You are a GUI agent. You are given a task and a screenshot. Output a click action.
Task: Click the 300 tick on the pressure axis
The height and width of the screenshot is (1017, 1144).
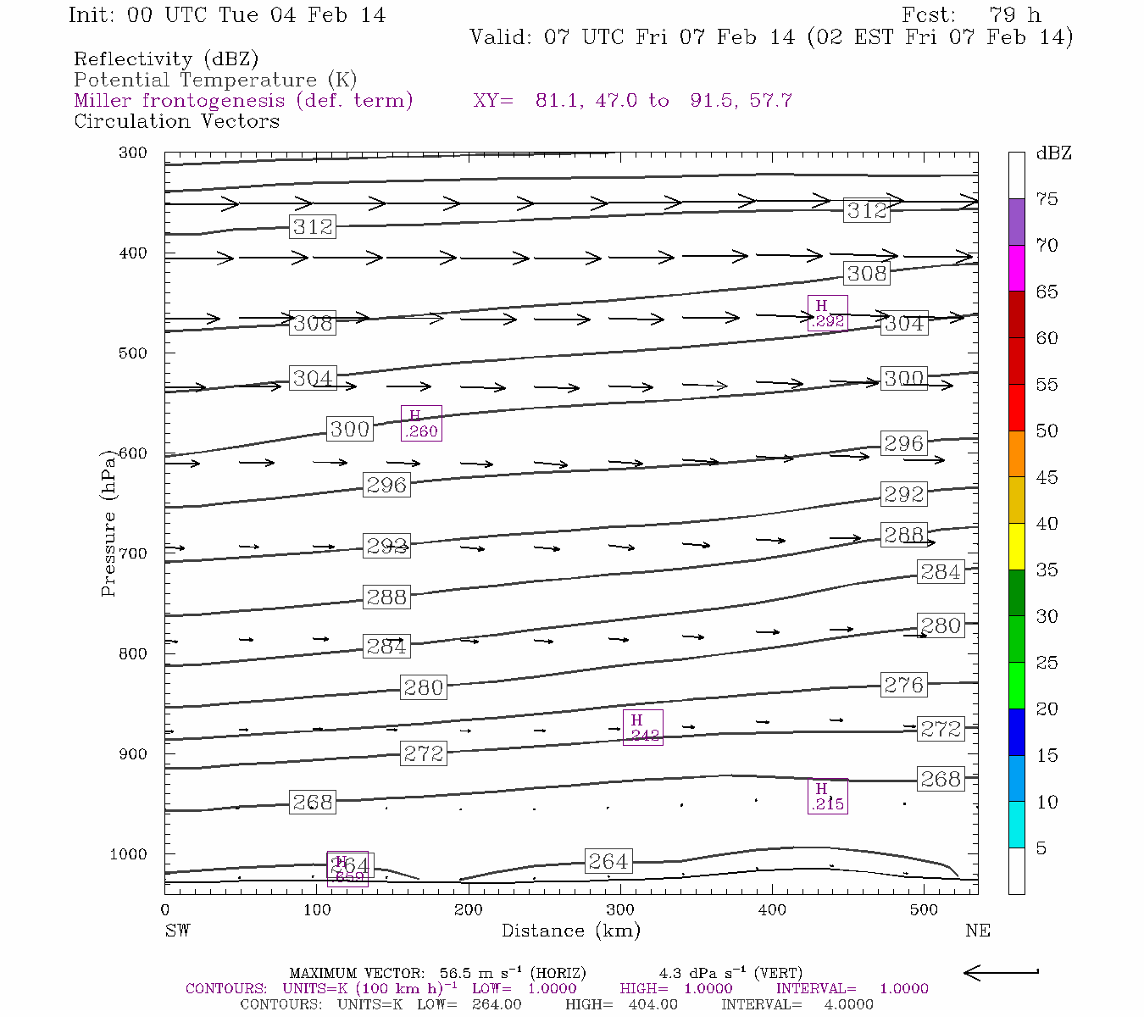coord(134,153)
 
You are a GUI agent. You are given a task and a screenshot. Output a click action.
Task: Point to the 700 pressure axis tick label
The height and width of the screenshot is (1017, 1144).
coord(134,553)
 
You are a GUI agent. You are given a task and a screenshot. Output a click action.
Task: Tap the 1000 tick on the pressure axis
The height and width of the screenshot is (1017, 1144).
coord(130,854)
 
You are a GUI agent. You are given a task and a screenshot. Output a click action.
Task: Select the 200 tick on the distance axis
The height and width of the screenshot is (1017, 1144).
coord(469,910)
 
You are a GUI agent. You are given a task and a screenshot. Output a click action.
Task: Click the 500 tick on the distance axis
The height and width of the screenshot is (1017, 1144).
coord(924,910)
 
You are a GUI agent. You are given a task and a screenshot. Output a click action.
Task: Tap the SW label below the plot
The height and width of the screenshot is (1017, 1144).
coord(177,931)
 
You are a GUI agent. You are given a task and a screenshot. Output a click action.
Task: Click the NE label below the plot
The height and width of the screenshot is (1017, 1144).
coord(977,931)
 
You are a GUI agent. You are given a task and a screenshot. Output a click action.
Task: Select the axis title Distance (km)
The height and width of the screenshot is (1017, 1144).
coord(570,931)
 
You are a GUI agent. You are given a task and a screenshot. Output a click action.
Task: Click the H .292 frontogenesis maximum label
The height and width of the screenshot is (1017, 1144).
coord(827,314)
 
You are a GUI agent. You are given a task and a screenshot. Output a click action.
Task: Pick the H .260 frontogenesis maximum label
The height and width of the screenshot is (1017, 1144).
coord(421,424)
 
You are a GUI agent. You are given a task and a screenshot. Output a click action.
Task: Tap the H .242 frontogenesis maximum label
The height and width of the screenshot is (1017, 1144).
coord(643,728)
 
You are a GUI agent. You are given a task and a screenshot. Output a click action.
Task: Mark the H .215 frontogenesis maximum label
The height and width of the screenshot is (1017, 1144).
coord(828,797)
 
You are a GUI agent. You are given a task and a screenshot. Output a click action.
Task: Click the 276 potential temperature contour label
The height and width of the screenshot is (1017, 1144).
coord(903,685)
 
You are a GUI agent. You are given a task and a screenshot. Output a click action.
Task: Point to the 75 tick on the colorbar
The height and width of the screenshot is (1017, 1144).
coord(1047,199)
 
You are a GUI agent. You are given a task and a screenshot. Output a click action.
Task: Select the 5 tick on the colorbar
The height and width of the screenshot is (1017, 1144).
coord(1041,848)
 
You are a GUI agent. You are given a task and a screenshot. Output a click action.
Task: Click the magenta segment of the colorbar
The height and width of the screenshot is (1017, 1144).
coord(1016,269)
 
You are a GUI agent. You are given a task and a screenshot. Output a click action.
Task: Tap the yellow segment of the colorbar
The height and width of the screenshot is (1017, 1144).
coord(1016,547)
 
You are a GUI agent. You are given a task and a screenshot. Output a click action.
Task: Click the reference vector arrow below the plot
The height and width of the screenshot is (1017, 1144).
coord(1002,973)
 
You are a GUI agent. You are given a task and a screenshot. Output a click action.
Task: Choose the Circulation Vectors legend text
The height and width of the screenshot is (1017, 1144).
coord(176,121)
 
